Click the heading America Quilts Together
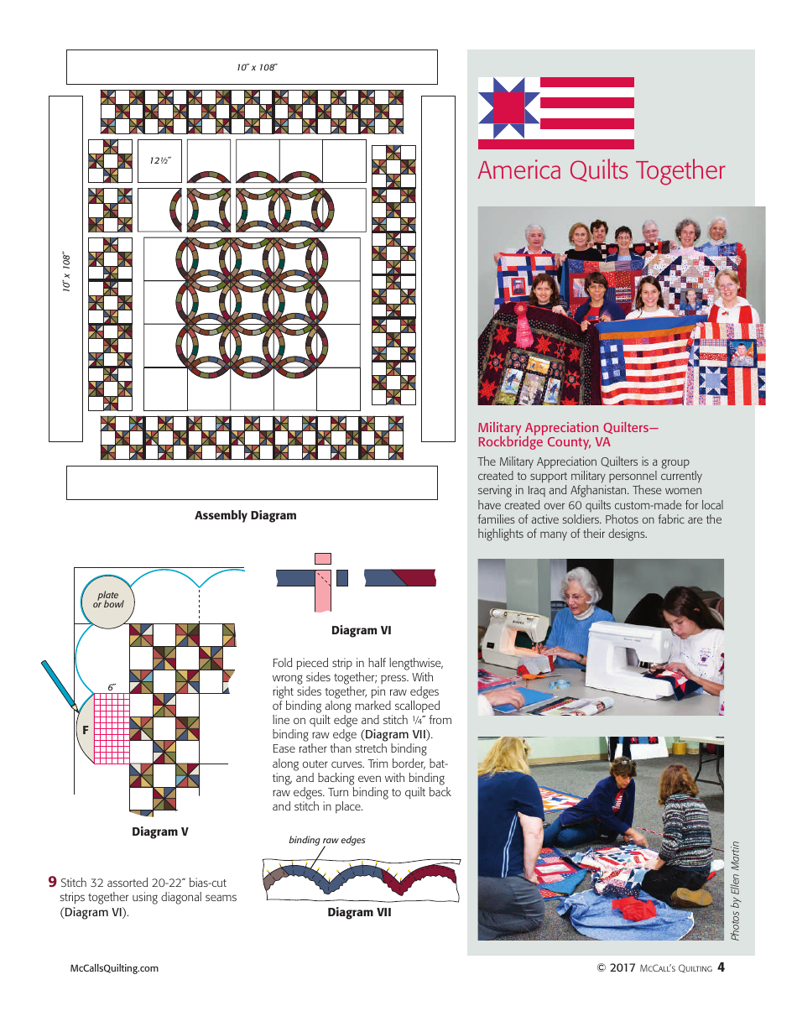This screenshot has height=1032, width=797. click(x=601, y=170)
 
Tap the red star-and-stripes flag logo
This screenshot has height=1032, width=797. click(x=555, y=112)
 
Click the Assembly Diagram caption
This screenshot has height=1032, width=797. click(x=245, y=515)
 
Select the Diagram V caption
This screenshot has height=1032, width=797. click(x=159, y=831)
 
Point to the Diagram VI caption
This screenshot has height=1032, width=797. click(x=361, y=630)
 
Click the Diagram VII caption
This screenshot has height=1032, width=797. click(x=359, y=912)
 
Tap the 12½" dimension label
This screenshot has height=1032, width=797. click(x=160, y=160)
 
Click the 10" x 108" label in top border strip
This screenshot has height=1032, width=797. click(x=256, y=67)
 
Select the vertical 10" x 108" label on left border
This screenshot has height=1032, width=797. click(x=65, y=271)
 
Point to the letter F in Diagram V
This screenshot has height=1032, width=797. click(x=85, y=731)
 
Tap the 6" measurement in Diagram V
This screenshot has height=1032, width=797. click(x=112, y=687)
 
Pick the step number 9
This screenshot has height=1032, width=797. click(x=52, y=882)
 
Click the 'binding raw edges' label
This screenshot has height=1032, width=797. click(x=326, y=840)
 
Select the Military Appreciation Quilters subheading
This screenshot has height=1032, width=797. click(x=568, y=435)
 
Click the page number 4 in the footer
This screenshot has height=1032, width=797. click(x=721, y=967)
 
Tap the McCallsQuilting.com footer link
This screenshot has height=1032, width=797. click(x=114, y=967)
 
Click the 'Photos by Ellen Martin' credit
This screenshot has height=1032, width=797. click(x=736, y=890)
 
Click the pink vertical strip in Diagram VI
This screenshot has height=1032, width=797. click(x=322, y=587)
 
